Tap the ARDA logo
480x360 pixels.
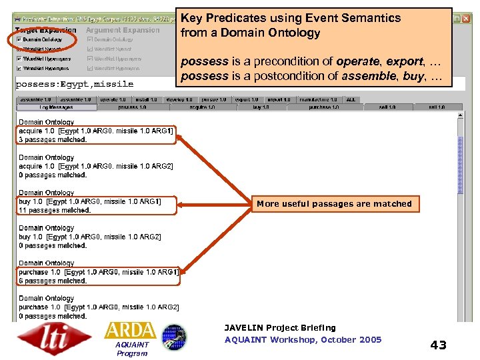tap(131, 331)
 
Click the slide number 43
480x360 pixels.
tap(438, 345)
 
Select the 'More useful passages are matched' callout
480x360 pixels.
tap(334, 204)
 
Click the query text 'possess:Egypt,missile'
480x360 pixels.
tap(75, 84)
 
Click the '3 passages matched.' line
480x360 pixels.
tap(53, 140)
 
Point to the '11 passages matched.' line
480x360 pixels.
tap(55, 210)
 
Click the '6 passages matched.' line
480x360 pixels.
tap(53, 281)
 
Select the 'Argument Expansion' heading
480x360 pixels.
tap(123, 30)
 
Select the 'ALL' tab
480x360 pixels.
tap(351, 99)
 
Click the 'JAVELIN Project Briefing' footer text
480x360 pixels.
tap(280, 328)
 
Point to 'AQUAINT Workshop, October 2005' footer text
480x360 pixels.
tap(303, 340)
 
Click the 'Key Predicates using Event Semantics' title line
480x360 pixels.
tap(291, 18)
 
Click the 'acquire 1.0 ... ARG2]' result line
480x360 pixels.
tap(96, 166)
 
